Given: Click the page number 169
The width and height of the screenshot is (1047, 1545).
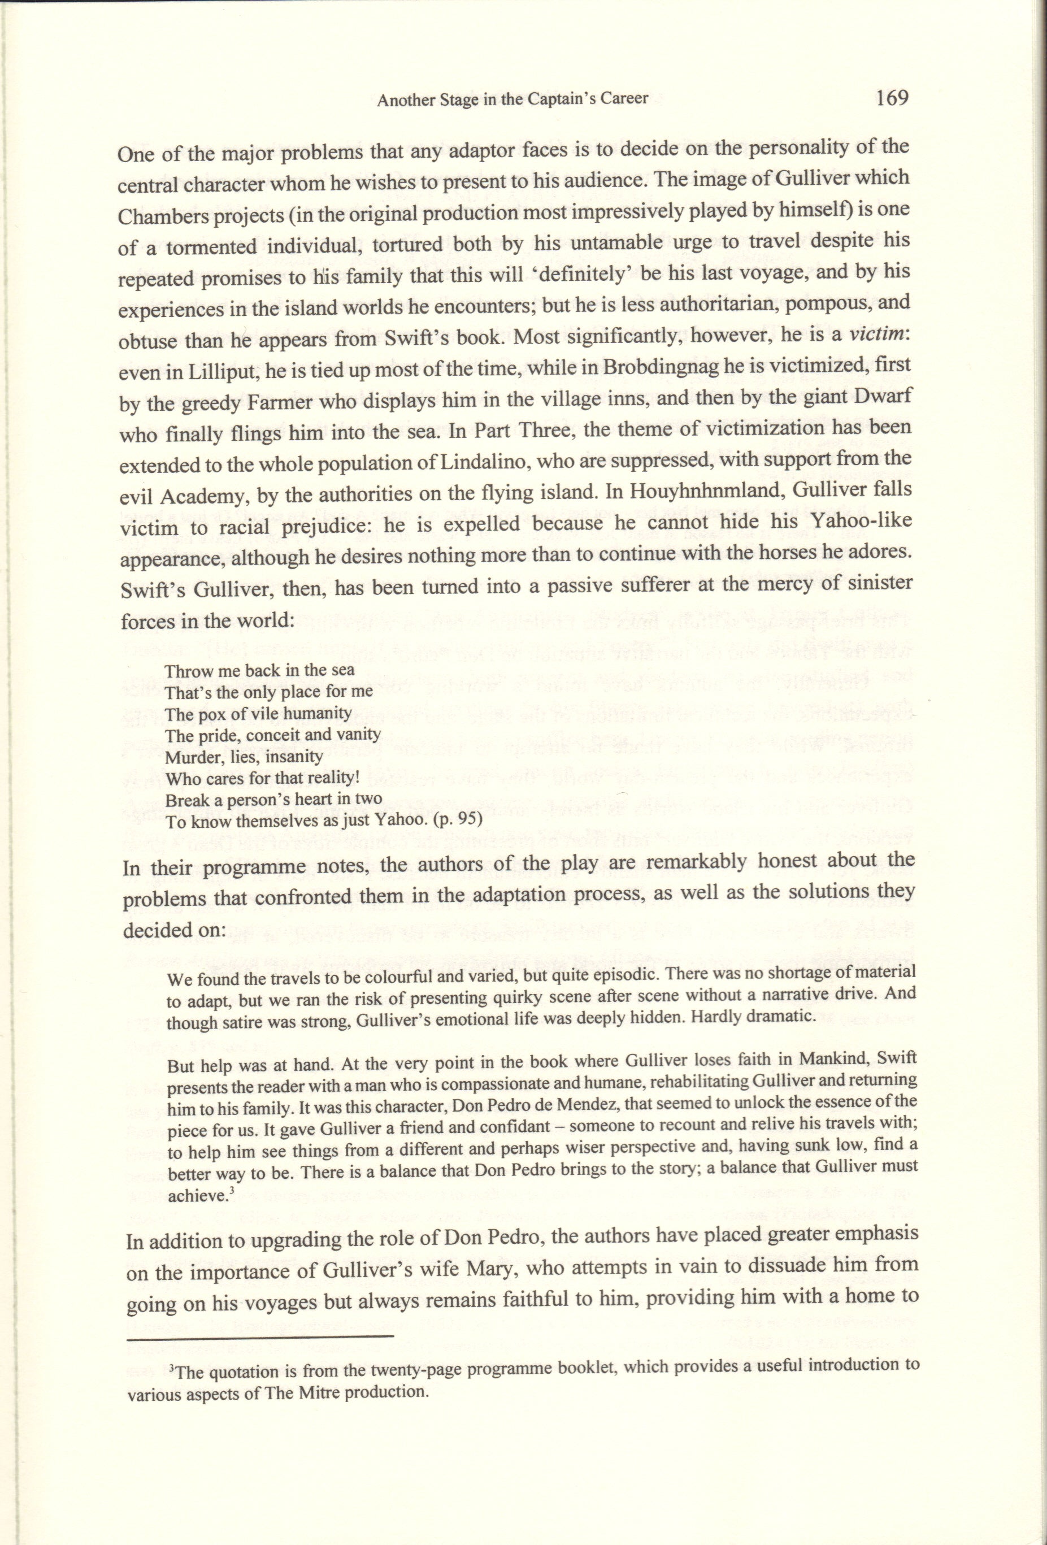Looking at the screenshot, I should tap(892, 98).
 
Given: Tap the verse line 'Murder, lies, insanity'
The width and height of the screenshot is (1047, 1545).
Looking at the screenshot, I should tap(244, 757).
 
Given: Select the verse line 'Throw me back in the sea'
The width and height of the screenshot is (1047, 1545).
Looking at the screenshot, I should tap(260, 670).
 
